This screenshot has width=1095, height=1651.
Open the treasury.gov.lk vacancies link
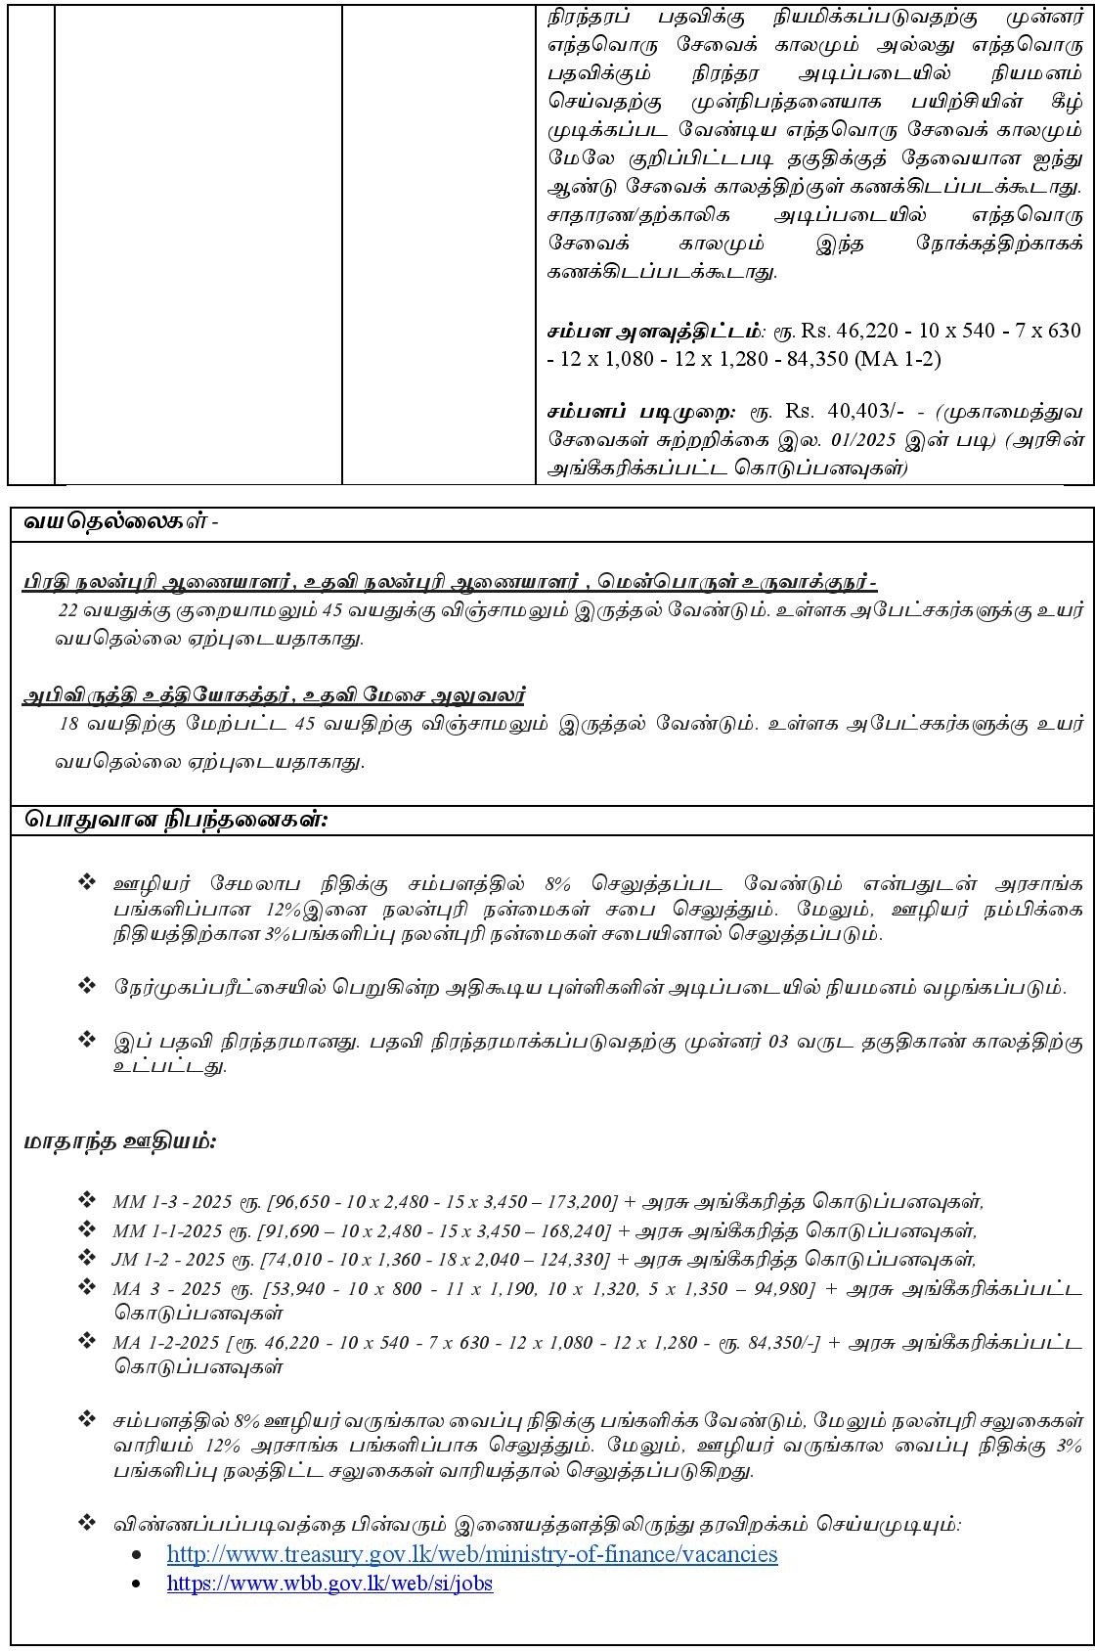(472, 1554)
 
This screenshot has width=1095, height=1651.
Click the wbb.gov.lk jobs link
(329, 1583)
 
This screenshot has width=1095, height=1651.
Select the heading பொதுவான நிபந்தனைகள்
(176, 820)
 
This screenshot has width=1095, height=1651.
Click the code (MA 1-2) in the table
(898, 359)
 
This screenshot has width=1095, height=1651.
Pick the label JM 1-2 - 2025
(168, 1259)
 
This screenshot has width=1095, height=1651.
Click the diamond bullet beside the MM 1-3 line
(87, 1200)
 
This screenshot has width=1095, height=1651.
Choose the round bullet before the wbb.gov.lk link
(149, 1584)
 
